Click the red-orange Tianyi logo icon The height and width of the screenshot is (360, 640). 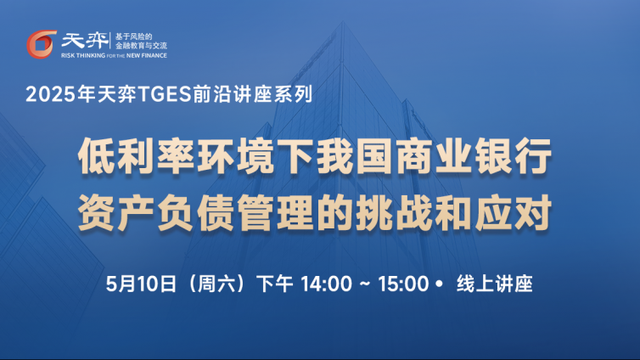tap(42, 44)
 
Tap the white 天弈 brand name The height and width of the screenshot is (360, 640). tap(85, 41)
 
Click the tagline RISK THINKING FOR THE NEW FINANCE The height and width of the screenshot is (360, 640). tap(114, 55)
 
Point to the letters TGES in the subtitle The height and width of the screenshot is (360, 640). tap(165, 94)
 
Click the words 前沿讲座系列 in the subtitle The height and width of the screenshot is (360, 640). tap(253, 94)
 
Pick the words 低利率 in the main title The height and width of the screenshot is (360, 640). tap(137, 156)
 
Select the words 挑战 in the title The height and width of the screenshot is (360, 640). tap(394, 213)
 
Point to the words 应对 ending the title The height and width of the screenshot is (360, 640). tap(514, 213)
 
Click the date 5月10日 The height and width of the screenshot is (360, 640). tap(141, 284)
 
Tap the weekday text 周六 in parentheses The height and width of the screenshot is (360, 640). tap(216, 284)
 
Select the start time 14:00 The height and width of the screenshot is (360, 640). tap(326, 284)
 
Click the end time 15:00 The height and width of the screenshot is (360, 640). tap(403, 284)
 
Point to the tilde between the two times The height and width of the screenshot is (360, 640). tap(365, 284)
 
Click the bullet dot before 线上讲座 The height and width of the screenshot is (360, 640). tap(439, 284)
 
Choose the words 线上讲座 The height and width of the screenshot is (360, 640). tap(495, 284)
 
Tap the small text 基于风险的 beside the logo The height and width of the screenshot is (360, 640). tap(134, 37)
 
